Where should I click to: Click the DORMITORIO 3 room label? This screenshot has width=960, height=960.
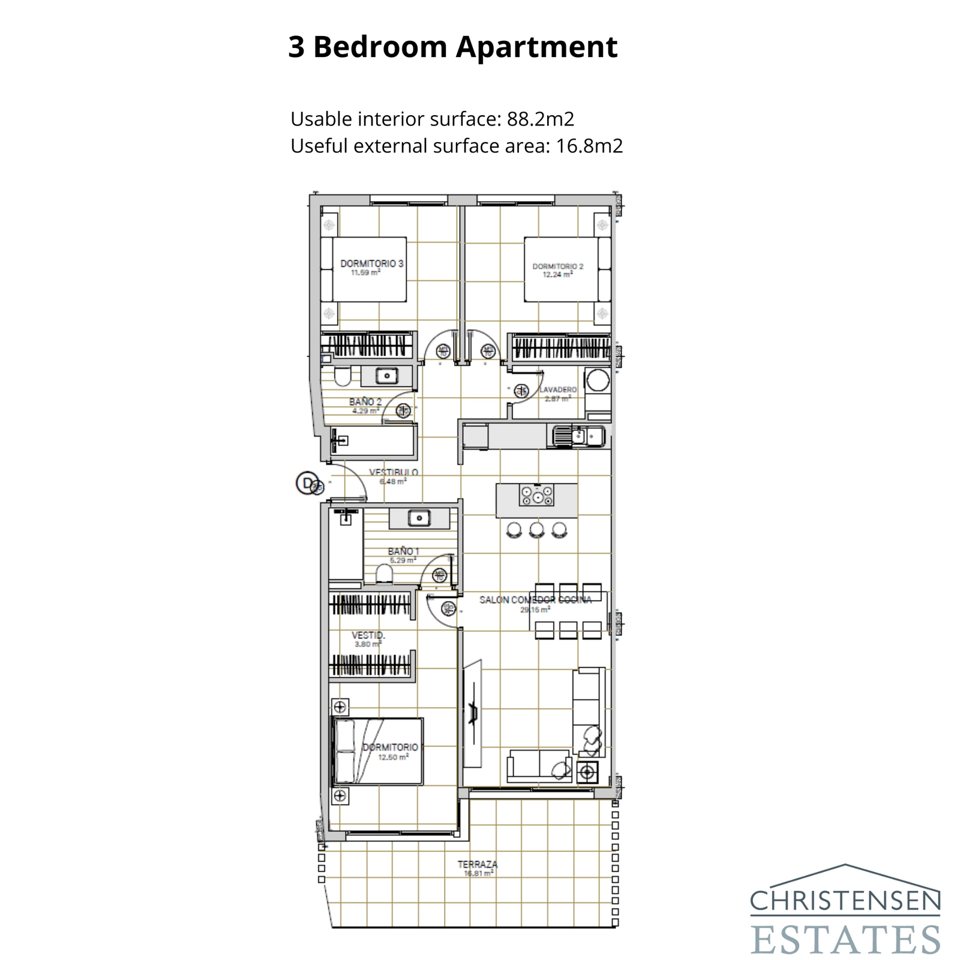point(371,263)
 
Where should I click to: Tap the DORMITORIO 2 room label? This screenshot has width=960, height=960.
point(557,266)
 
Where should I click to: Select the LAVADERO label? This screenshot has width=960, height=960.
point(558,390)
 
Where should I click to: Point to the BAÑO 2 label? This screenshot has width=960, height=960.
point(365,402)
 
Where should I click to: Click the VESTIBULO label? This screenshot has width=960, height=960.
point(393,472)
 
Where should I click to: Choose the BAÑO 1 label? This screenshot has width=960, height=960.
point(403,551)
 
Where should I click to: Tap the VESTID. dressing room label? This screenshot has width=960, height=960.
point(368,635)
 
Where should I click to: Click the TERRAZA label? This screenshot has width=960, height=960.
point(477,865)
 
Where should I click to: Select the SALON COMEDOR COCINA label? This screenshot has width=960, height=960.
point(535,599)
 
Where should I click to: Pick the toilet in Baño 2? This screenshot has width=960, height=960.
point(343,377)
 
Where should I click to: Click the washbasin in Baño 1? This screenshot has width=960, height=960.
point(419,517)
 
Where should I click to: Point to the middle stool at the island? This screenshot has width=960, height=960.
point(537,529)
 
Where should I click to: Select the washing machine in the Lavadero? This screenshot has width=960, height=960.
point(598,380)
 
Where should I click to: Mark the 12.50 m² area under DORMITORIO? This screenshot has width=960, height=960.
point(393,757)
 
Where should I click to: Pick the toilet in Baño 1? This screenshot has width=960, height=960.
point(384,575)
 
